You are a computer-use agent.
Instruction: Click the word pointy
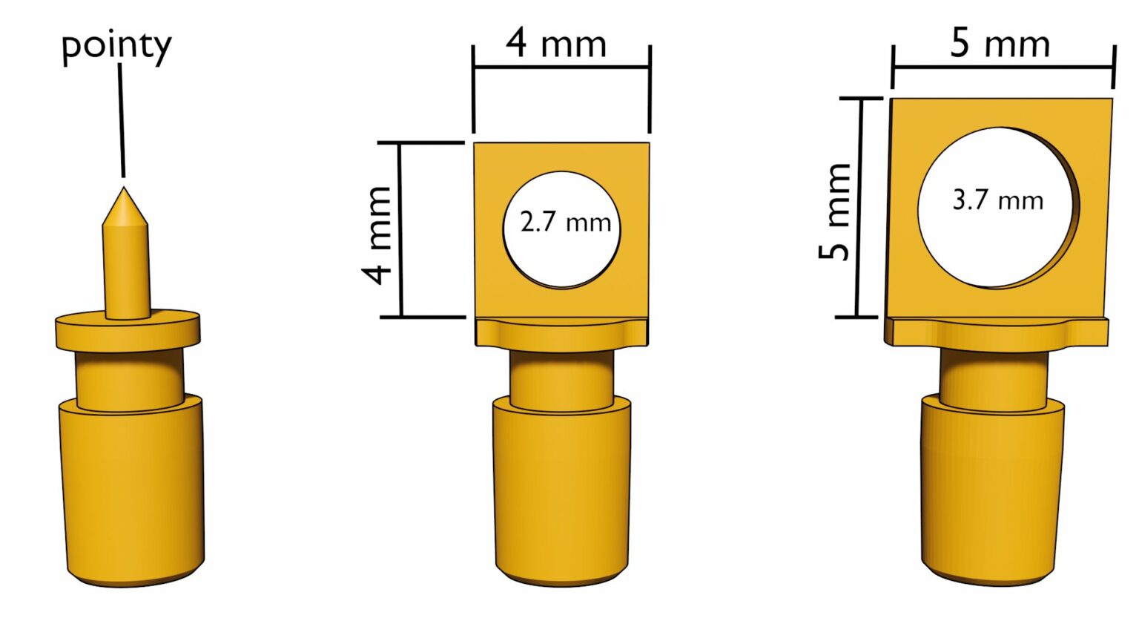[116, 46]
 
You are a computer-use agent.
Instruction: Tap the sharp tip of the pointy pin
[123, 190]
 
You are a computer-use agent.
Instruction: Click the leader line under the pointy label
[122, 119]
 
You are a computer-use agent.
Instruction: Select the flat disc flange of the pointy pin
[128, 332]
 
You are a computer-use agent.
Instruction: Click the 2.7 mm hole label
[565, 222]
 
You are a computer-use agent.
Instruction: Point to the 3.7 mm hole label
[997, 200]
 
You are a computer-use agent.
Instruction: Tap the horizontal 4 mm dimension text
[556, 43]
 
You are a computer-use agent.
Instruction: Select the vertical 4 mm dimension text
[377, 235]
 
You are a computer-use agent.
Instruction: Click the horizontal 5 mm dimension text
[1000, 43]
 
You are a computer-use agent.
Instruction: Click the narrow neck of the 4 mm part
[561, 378]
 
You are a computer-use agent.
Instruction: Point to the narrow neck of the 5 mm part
[994, 378]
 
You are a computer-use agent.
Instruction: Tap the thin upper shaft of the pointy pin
[126, 267]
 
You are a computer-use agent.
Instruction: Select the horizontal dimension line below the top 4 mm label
[561, 68]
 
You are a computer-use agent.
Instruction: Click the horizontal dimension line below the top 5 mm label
[1003, 68]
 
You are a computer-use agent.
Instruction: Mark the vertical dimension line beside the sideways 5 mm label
[859, 208]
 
